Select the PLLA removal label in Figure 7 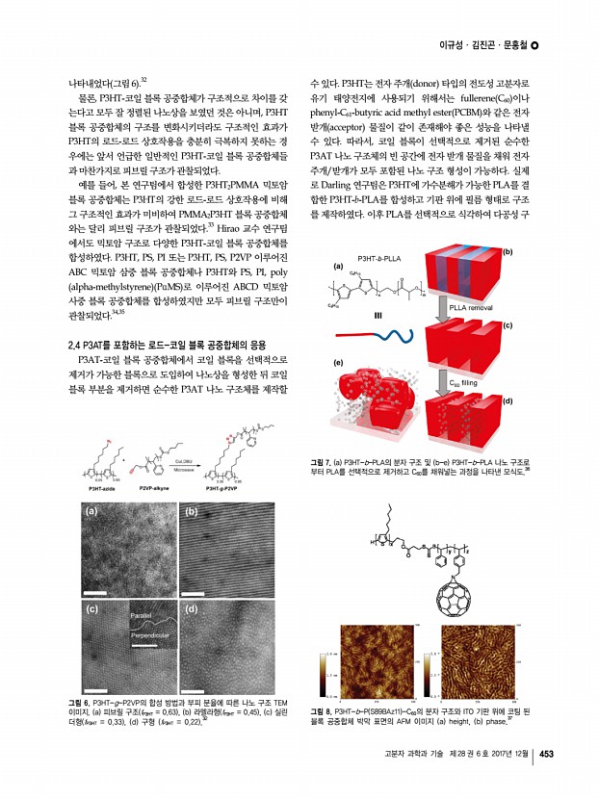pyautogui.click(x=472, y=306)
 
